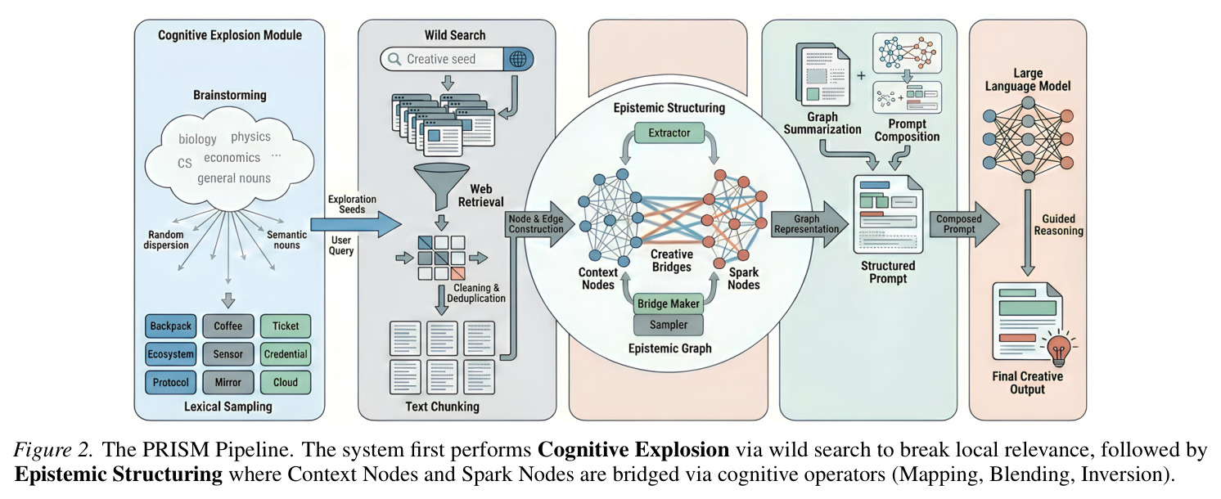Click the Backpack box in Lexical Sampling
170,326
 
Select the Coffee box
228,326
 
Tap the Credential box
286,354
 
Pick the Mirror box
228,382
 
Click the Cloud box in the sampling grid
286,382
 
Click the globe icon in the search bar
518,59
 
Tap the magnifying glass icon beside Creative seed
394,59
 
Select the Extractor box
669,133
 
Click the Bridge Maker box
669,303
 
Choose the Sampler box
669,325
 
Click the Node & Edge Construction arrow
540,224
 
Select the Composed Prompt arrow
964,224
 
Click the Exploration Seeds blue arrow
356,224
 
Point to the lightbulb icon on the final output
1059,348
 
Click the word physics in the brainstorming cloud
250,137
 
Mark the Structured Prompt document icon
888,214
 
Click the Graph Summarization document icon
822,75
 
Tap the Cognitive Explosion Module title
230,35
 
